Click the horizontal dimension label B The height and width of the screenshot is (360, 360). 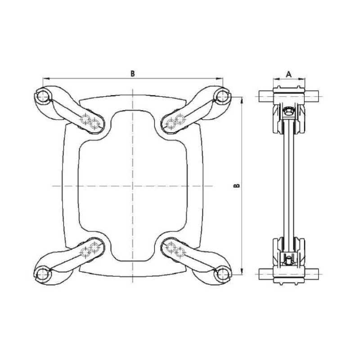(x=133, y=73)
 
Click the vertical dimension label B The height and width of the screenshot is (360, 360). (x=238, y=185)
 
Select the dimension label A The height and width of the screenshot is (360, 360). (x=289, y=73)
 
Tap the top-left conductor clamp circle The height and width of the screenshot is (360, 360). (x=43, y=95)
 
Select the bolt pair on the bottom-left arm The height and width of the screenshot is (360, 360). (x=90, y=249)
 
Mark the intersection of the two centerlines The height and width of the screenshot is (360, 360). (x=133, y=185)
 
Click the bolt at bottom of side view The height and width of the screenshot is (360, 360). (x=288, y=259)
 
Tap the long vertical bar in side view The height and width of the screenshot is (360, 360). (x=288, y=184)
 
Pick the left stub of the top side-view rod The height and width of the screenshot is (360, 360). (x=266, y=96)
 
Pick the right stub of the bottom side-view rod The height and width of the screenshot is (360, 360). (x=311, y=272)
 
